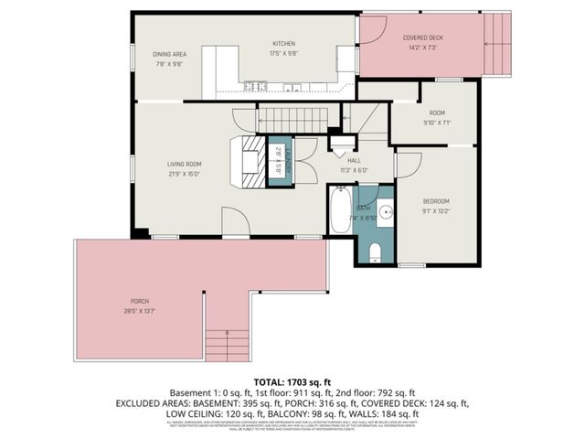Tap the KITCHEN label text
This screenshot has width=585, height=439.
(284, 43)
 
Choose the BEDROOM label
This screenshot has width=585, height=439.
(436, 200)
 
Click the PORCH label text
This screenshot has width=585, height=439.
(140, 301)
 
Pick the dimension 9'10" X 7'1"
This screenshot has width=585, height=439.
(436, 122)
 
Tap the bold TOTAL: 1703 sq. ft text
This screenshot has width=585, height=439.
(292, 381)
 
